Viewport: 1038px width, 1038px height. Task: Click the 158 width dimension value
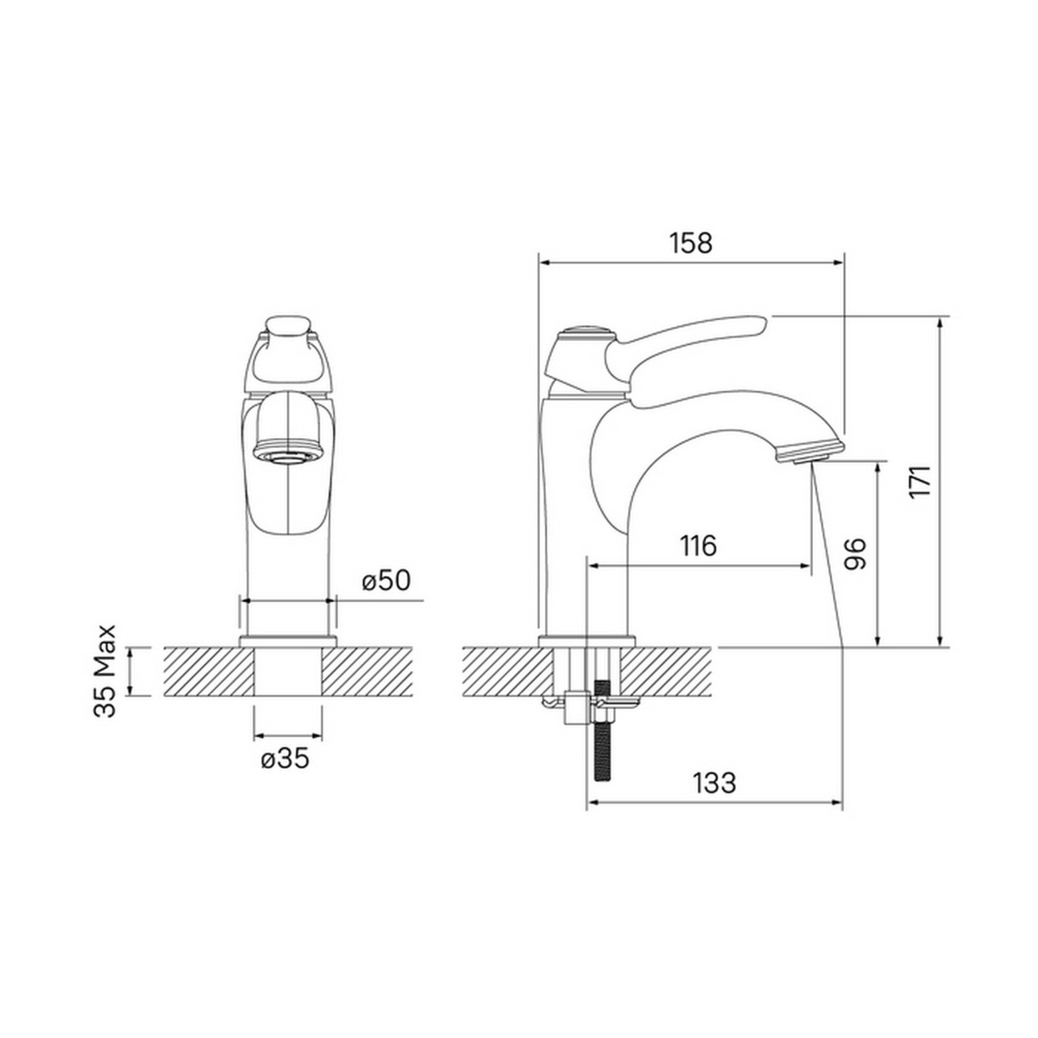[690, 243]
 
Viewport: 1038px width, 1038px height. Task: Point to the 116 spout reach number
[697, 546]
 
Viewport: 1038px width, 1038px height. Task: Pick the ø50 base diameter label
[386, 580]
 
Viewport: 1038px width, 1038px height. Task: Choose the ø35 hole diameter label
[285, 759]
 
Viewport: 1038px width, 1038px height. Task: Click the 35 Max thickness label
[106, 670]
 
